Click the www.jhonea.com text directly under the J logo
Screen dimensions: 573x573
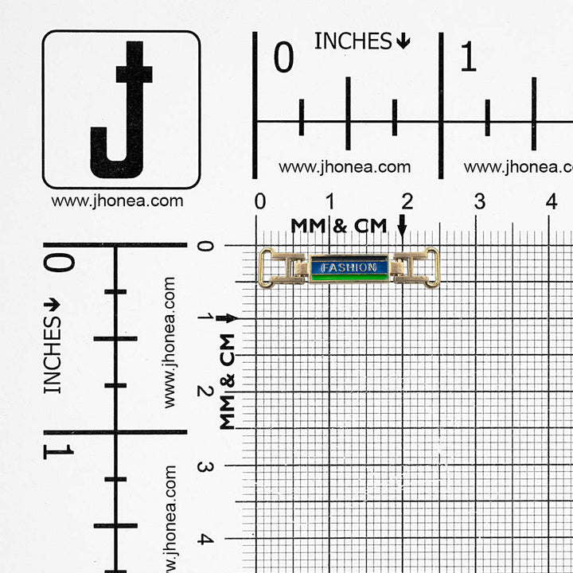pos(117,201)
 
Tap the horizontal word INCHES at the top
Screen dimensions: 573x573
pos(353,41)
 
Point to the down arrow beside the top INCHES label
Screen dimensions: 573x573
pos(403,41)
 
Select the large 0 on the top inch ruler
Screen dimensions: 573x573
pos(283,57)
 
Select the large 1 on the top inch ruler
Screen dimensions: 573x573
pos(468,57)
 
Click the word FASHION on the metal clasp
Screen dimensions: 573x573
pos(349,268)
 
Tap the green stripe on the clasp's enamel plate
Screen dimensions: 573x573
pos(349,278)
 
